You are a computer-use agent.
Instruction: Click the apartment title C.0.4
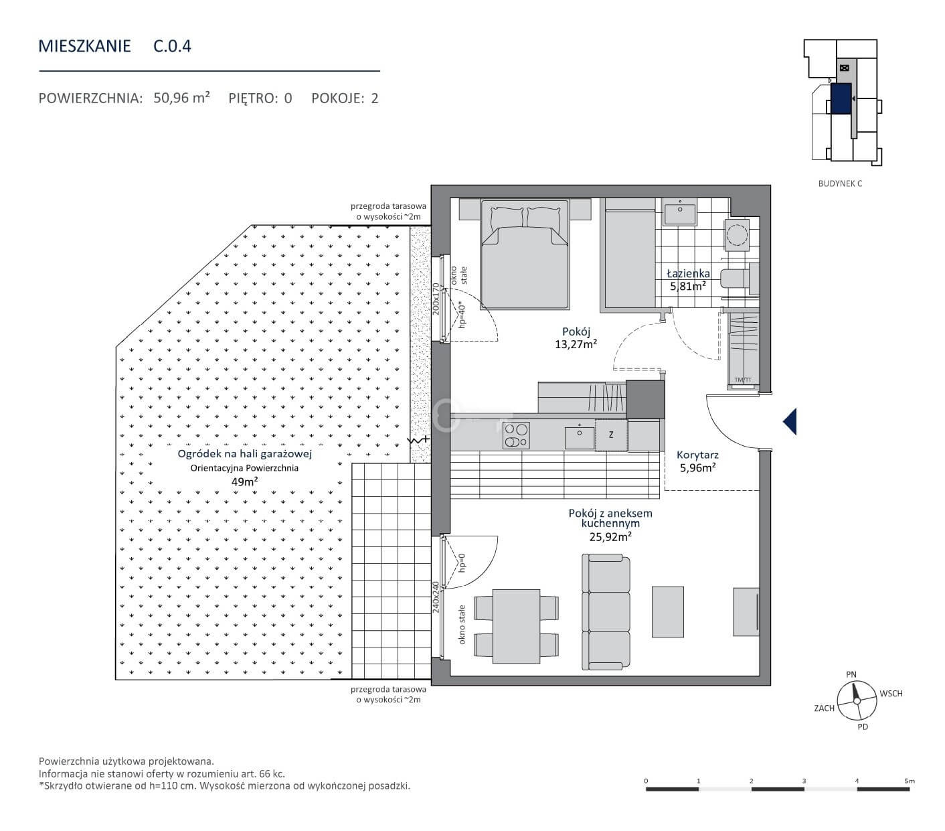coord(172,46)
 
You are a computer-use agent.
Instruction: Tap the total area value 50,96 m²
coord(181,98)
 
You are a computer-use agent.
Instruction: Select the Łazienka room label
coord(688,274)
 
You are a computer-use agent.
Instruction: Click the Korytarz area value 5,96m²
coord(697,467)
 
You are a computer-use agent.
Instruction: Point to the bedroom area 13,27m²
coord(576,344)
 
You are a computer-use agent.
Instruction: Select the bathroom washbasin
coord(679,212)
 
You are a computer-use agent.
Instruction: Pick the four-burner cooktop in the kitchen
coord(516,435)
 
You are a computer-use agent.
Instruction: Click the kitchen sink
coord(580,437)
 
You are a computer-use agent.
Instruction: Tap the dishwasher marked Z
coord(611,435)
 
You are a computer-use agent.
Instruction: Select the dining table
coord(516,626)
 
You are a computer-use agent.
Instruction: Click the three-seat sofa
coord(606,612)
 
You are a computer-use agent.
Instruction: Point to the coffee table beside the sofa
coord(667,611)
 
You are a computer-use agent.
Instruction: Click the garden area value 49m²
coord(244,481)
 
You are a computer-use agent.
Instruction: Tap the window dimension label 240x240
coord(436,597)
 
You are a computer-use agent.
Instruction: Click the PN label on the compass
coord(851,674)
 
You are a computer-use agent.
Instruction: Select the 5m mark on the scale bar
coord(909,781)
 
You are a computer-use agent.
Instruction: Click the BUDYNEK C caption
coord(840,183)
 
